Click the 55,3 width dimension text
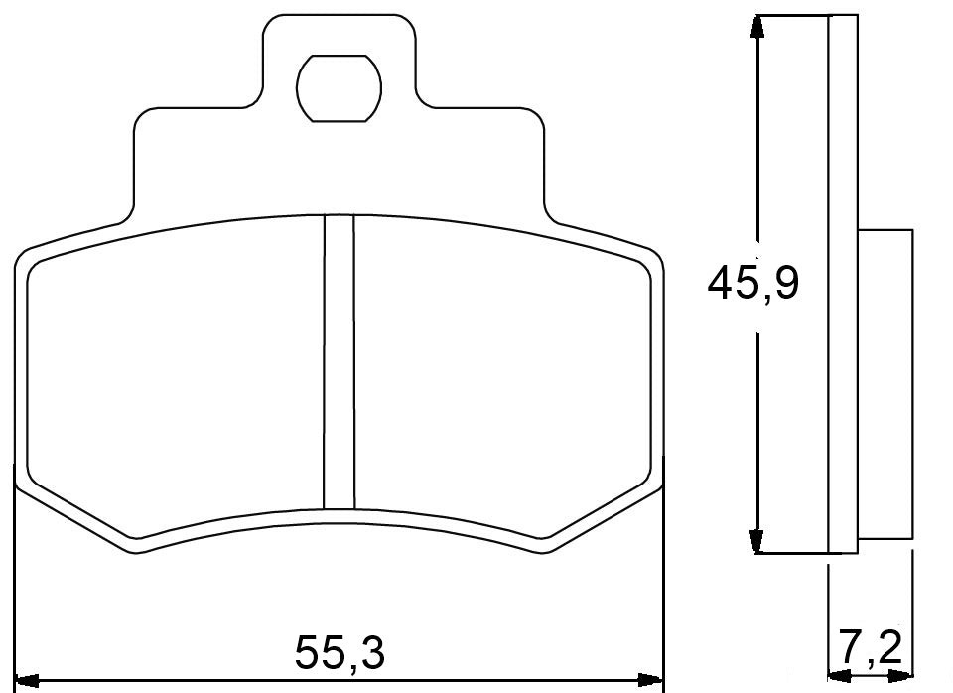click(339, 652)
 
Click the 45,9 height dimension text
click(753, 285)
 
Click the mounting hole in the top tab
click(339, 87)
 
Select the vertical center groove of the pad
click(340, 362)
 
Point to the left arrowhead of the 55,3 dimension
click(27, 681)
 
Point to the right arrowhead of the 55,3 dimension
click(653, 681)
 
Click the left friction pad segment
click(174, 377)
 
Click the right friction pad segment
click(501, 377)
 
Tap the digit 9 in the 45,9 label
click(785, 285)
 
